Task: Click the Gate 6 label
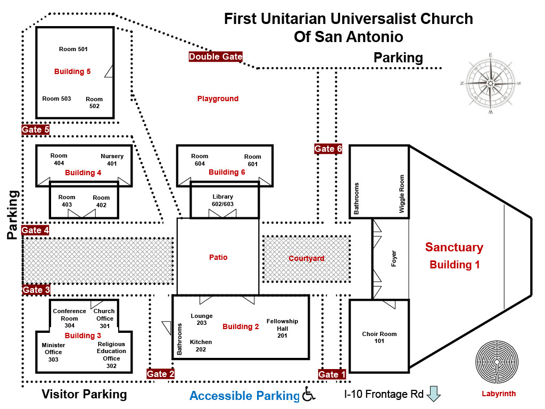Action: (328, 149)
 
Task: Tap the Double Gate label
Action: (216, 56)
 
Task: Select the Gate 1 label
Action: (332, 374)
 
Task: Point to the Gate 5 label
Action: (36, 129)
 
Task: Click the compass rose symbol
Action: (490, 84)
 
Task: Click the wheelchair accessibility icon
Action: (308, 394)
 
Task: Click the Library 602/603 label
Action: (223, 200)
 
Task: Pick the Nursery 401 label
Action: (112, 160)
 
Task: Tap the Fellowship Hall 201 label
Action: (282, 328)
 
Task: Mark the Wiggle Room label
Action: (402, 194)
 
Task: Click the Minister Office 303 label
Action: (53, 352)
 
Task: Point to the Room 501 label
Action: (73, 49)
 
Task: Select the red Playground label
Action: (218, 99)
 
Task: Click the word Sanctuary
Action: (454, 247)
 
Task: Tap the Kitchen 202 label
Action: (201, 346)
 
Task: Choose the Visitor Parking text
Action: (84, 394)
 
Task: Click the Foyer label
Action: (394, 259)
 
